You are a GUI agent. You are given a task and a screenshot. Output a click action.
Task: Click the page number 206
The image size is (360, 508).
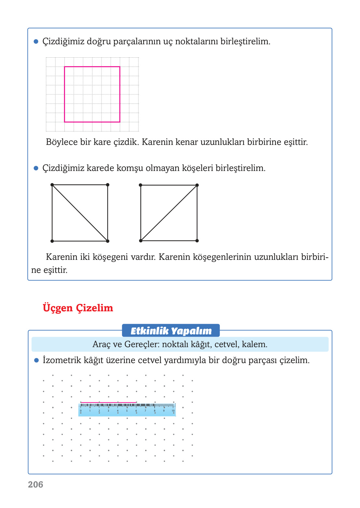[35, 485]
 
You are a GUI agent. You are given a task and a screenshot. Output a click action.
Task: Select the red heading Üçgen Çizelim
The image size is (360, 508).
[78, 308]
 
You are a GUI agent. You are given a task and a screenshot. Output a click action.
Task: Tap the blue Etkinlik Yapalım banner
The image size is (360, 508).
[171, 331]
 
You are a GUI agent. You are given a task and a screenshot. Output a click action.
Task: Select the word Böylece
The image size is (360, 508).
[62, 142]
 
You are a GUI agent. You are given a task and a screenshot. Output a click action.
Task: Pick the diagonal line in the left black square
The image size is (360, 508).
[80, 213]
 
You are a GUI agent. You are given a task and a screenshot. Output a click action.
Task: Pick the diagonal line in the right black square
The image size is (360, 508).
[169, 213]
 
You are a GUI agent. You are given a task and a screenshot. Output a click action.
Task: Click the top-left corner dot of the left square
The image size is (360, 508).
[52, 185]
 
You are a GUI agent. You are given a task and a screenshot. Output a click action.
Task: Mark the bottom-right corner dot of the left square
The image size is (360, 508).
[108, 241]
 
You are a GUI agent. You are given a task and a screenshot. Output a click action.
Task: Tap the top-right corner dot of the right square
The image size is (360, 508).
[197, 185]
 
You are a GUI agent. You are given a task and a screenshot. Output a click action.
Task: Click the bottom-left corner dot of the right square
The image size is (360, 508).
[141, 241]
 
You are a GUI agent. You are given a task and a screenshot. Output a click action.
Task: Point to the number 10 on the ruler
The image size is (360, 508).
[173, 411]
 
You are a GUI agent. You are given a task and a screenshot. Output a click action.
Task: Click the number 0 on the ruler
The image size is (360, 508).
[81, 411]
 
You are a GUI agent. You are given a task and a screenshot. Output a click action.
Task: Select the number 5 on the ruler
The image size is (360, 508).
[127, 411]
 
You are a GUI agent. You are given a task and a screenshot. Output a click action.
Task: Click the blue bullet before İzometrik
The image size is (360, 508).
[36, 360]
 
